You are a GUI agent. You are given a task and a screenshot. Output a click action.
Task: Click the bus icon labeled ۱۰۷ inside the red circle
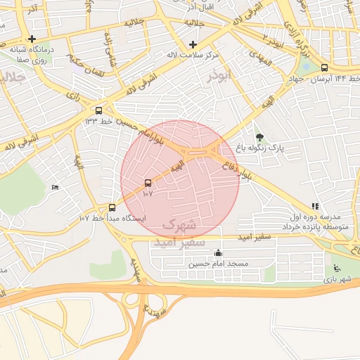147,183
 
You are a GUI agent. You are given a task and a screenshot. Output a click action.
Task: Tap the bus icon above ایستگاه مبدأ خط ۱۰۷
112,207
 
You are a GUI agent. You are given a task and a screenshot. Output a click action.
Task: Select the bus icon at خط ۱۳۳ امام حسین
98,110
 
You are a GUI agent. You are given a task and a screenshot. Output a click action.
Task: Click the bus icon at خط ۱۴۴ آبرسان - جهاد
323,68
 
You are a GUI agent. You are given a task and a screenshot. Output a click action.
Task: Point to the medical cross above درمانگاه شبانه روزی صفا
32,39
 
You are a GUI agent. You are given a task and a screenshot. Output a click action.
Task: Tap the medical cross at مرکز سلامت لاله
193,44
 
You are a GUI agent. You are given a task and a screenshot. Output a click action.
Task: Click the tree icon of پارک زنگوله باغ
259,137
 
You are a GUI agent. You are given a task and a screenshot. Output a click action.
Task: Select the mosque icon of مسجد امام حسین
218,253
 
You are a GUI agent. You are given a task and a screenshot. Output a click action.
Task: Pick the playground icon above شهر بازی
337,268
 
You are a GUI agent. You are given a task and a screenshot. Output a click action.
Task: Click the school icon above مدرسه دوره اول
315,207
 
